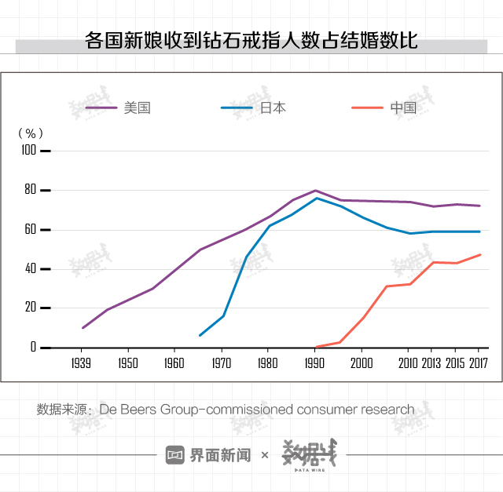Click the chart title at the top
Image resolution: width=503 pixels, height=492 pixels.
[251, 42]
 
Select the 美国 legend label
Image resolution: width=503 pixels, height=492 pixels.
[137, 108]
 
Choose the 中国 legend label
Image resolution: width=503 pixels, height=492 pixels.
[403, 108]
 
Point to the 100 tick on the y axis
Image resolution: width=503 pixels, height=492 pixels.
[28, 150]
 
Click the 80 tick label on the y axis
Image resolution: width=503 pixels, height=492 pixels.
[30, 190]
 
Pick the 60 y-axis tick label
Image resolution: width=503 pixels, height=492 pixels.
[30, 230]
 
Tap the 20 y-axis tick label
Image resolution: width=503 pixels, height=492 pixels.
[30, 308]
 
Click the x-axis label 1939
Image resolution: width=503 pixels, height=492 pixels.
[82, 363]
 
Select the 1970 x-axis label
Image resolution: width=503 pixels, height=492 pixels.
[222, 363]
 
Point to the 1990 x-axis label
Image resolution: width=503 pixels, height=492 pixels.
[315, 363]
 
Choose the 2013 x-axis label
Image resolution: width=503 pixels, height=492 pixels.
[431, 363]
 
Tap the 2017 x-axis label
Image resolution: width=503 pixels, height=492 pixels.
[478, 363]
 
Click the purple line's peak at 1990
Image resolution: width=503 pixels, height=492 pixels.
[315, 190]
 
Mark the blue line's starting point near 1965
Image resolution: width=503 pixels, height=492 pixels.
[200, 335]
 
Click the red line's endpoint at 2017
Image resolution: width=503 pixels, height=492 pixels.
[479, 254]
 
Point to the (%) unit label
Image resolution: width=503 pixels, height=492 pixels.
[31, 133]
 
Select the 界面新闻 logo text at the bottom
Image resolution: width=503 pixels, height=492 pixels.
[219, 455]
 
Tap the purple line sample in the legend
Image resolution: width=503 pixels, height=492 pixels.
[101, 108]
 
